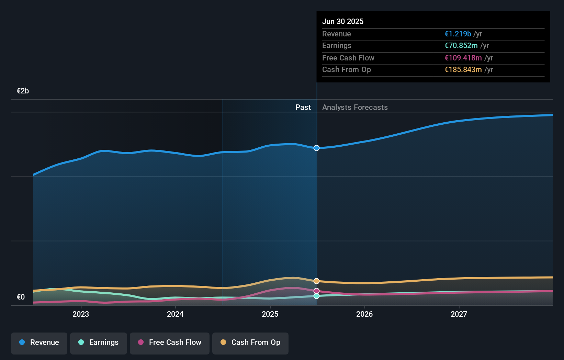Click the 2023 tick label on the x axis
81,314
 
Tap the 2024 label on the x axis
175,314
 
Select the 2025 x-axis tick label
270,314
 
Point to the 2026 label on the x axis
364,314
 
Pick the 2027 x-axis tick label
459,314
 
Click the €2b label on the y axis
23,91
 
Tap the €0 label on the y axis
21,297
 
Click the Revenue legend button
39,342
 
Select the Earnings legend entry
99,342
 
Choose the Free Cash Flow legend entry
170,342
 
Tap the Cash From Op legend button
250,342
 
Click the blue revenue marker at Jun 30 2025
316,148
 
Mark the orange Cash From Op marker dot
316,281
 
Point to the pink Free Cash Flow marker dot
316,291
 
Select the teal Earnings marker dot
316,296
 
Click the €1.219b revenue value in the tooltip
458,34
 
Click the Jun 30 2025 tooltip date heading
342,22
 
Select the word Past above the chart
303,108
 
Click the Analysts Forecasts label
355,108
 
